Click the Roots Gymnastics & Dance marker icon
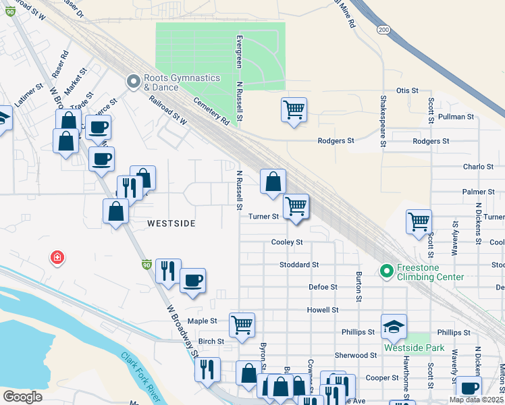click(x=132, y=82)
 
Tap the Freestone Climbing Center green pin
click(x=387, y=271)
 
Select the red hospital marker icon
click(x=57, y=257)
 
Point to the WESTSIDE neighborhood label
click(x=171, y=223)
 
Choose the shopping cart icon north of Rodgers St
click(x=294, y=109)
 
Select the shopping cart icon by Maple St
click(x=242, y=324)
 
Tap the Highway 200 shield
click(x=383, y=30)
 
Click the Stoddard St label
click(x=298, y=265)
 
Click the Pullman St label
click(x=456, y=117)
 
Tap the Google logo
click(x=22, y=397)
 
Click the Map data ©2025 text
click(x=476, y=400)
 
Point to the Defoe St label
click(x=323, y=287)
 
